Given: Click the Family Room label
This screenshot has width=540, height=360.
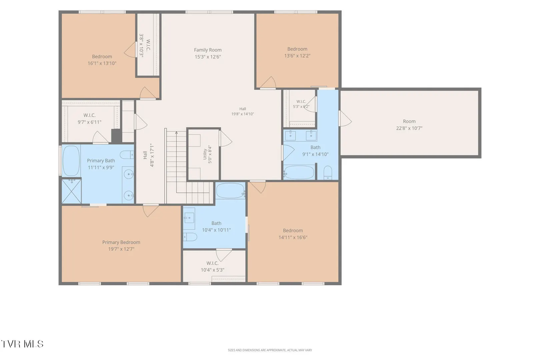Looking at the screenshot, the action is click(x=208, y=50).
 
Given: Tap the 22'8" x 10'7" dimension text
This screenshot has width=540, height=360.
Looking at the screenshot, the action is click(x=409, y=128).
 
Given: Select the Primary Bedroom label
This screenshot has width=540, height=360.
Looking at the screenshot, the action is click(x=121, y=242).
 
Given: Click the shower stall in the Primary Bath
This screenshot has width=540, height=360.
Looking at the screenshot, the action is click(x=72, y=191).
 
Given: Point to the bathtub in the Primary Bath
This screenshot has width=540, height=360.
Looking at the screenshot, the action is click(x=71, y=161).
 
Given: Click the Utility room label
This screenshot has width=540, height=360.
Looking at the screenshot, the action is click(x=205, y=154).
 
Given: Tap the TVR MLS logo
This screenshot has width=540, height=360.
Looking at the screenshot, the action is click(x=22, y=344).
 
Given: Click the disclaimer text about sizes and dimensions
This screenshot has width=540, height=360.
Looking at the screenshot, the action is click(x=270, y=350).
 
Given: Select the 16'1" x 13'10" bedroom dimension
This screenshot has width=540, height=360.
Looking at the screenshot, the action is click(x=102, y=63).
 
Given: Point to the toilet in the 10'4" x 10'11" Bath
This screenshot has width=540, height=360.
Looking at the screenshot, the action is click(x=190, y=237).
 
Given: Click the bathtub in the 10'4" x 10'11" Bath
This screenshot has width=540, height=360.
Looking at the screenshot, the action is click(x=231, y=190).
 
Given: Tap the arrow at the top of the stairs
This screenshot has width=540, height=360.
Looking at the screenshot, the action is click(x=176, y=133).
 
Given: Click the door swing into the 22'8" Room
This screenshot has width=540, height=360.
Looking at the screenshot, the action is click(x=345, y=118).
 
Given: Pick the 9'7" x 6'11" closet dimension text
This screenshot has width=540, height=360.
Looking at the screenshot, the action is click(x=89, y=122).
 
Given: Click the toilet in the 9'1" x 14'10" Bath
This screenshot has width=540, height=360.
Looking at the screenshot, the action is click(x=328, y=172).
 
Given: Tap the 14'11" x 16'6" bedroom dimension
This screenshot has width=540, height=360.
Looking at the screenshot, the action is click(x=293, y=237).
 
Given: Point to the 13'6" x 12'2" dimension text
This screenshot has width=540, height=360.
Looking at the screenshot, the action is click(x=297, y=56).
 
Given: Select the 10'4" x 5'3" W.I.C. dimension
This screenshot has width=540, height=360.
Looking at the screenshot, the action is click(x=212, y=270).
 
